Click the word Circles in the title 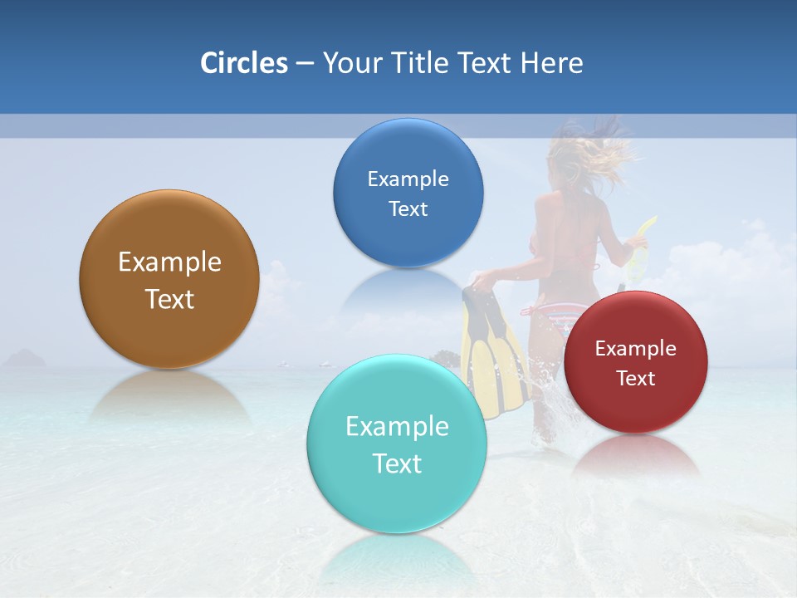(x=243, y=63)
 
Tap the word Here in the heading (x=551, y=63)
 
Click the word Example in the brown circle (x=169, y=262)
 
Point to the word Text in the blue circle (x=408, y=208)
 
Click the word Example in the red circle (x=636, y=349)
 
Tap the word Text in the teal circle (x=397, y=463)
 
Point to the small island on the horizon (x=25, y=359)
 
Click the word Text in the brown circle (x=169, y=299)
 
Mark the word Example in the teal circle (x=397, y=427)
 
